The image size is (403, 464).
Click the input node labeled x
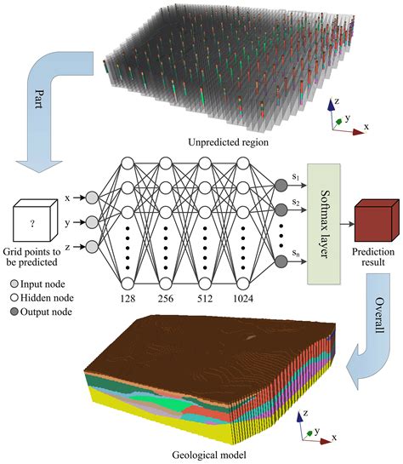click(x=92, y=198)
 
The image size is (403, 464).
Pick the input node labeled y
click(x=92, y=222)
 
